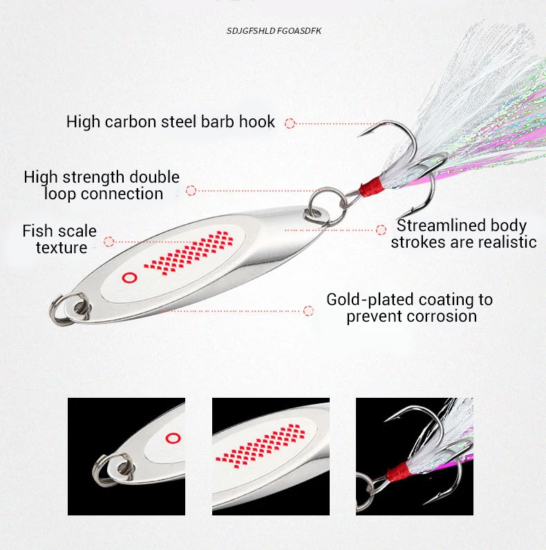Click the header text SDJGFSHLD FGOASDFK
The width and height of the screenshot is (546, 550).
click(x=274, y=31)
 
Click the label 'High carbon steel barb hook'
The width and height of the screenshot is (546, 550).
click(x=171, y=122)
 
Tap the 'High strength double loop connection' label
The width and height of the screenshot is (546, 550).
click(x=102, y=185)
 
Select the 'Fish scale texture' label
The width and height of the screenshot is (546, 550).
click(x=59, y=239)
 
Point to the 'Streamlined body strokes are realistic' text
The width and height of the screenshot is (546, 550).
click(x=463, y=234)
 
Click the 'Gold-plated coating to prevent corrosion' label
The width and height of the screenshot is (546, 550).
click(x=409, y=308)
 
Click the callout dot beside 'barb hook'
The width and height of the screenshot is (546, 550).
click(x=290, y=123)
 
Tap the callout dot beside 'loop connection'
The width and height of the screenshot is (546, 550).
click(x=191, y=190)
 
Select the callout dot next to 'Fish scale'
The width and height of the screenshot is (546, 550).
click(x=109, y=241)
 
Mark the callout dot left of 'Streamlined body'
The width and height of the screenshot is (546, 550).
click(x=381, y=229)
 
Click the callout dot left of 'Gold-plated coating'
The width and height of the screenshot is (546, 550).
click(x=308, y=311)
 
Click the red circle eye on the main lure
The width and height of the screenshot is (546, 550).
click(x=128, y=277)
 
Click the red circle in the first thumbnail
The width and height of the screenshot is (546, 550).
click(x=172, y=437)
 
